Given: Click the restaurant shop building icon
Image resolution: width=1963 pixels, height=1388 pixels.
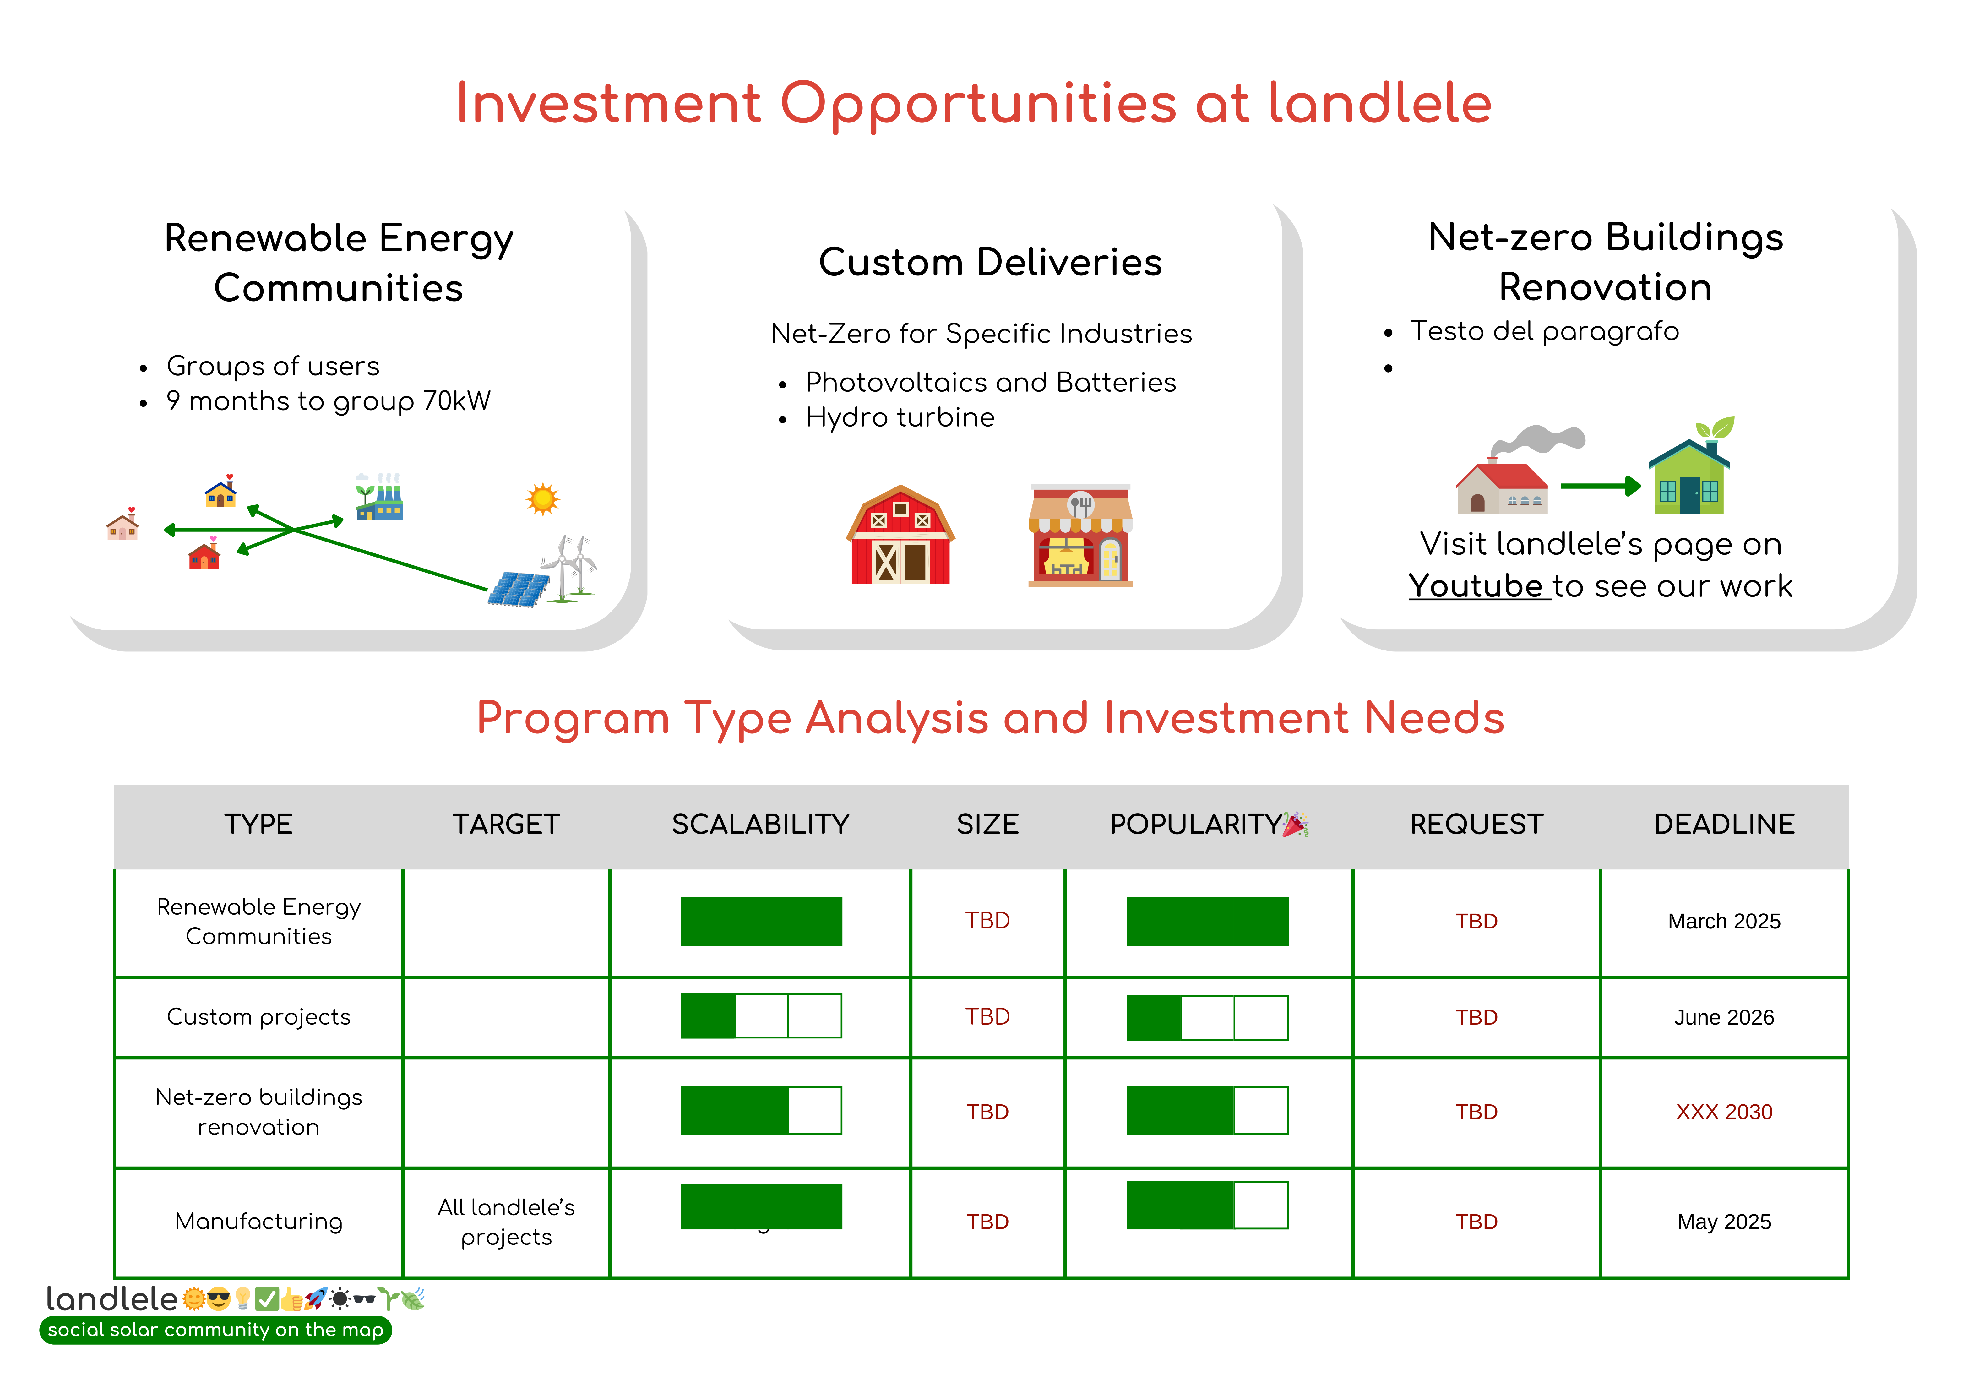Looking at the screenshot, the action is tap(1081, 535).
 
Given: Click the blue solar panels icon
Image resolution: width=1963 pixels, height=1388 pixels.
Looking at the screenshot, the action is tap(519, 589).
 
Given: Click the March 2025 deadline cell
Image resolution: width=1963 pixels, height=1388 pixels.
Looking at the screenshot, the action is tap(1724, 921).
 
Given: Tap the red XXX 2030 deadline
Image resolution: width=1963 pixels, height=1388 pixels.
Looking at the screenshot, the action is tap(1724, 1112).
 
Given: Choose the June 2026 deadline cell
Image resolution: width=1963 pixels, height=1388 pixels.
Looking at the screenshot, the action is tap(1724, 1017).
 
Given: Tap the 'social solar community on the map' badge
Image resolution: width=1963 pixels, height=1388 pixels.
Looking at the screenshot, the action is tap(215, 1330).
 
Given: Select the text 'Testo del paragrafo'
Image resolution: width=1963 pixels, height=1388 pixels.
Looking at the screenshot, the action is tap(1544, 331).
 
